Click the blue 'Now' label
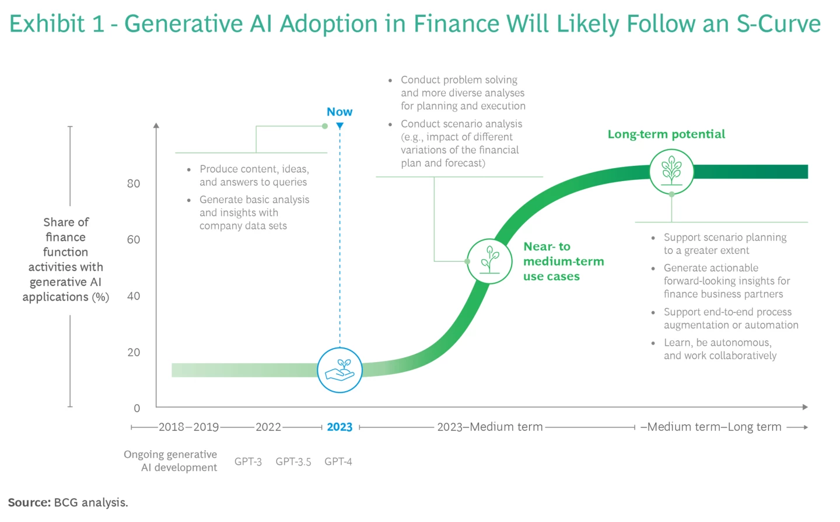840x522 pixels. tap(339, 112)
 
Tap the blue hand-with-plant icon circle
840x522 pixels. tap(339, 370)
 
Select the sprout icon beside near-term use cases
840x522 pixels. tap(489, 261)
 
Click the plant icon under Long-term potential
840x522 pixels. tap(671, 171)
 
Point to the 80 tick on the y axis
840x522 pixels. tap(134, 183)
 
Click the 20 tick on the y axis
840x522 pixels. tap(134, 352)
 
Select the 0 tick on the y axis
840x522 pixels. tap(136, 408)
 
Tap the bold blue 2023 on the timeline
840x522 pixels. tap(339, 427)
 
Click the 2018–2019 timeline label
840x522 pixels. tap(188, 427)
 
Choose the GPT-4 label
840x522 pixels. tap(338, 461)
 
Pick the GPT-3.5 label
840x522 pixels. tap(293, 461)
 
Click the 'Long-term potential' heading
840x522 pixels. tap(666, 134)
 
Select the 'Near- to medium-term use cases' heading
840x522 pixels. tap(563, 261)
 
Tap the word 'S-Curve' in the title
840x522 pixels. tap(778, 24)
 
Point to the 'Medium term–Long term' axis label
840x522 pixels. tap(713, 427)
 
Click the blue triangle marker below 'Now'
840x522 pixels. tap(339, 126)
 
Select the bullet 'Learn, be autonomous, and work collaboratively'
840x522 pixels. tap(720, 349)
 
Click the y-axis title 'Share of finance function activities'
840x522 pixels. tap(66, 259)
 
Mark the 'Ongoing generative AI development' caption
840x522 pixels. tap(171, 461)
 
